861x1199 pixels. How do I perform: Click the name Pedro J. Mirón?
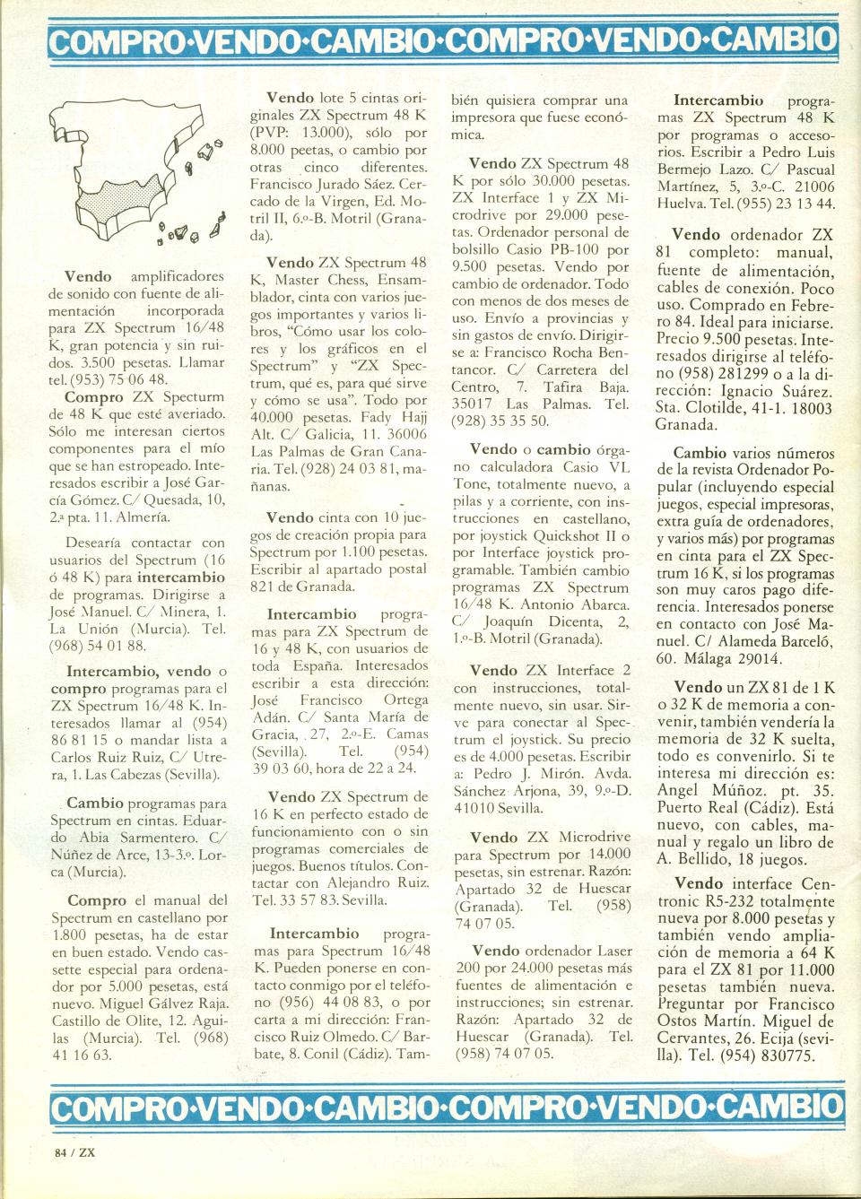pos(514,774)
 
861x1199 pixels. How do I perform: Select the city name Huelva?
pos(678,204)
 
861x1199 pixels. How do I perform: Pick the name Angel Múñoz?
pos(708,790)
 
